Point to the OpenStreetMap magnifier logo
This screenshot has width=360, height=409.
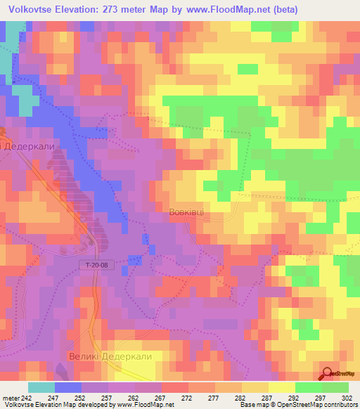[328, 374]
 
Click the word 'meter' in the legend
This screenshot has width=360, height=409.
[10, 397]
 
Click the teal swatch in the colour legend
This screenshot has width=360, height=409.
[41, 387]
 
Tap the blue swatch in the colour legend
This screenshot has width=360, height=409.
[68, 387]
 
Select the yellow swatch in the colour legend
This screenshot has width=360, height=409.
[281, 387]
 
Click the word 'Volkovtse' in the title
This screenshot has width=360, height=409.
[28, 9]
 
